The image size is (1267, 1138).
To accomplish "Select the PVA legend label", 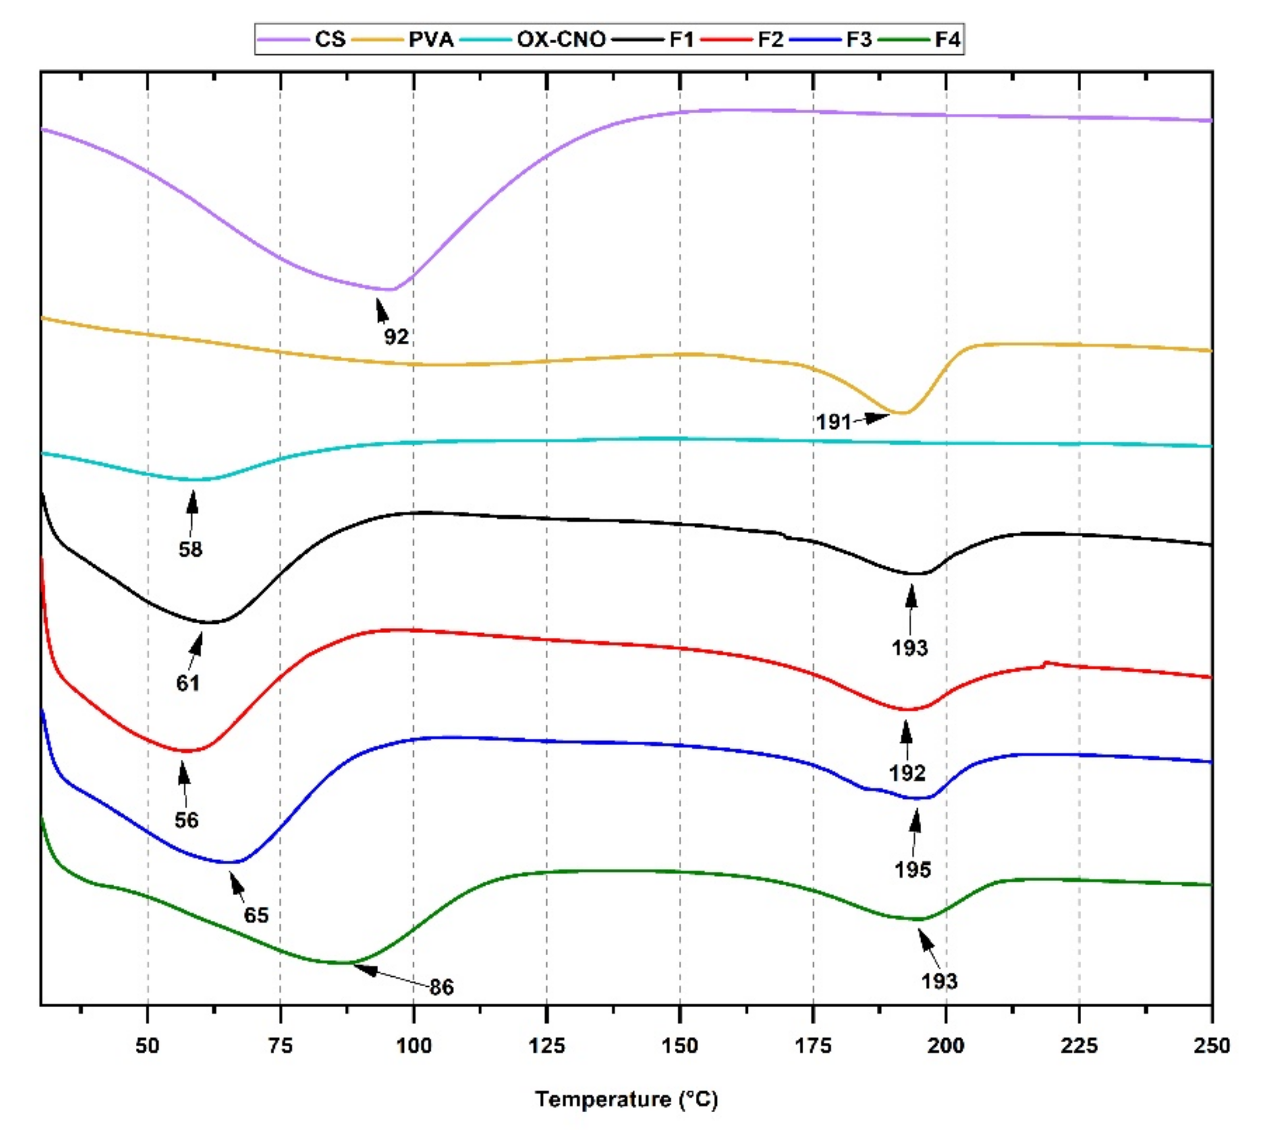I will [x=431, y=40].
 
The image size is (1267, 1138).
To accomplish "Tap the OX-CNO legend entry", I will [x=560, y=40].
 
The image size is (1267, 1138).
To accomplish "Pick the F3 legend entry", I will [x=858, y=40].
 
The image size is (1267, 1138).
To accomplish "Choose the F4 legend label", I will [x=947, y=40].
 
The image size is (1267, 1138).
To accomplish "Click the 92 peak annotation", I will [x=396, y=337].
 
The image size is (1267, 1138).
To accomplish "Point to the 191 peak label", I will [x=833, y=422].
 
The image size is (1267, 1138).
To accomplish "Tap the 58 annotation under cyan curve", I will [x=190, y=549].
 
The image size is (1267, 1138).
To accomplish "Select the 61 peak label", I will [x=187, y=684].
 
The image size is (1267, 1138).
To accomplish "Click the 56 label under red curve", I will [x=186, y=820].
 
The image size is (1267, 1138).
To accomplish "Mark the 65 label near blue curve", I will [x=256, y=915].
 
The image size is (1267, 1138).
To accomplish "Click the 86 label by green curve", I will [x=442, y=987].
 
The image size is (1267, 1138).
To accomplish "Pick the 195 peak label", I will [x=912, y=869].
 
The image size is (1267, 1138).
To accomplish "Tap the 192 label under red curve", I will [x=907, y=774].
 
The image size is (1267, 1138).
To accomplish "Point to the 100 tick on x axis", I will [x=414, y=1045].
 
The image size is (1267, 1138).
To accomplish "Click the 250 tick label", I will [x=1211, y=1045].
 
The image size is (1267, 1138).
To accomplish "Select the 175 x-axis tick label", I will [x=813, y=1045].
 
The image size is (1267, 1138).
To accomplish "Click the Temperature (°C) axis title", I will [x=626, y=1099].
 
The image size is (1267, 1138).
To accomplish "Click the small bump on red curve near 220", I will [x=1046, y=663].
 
